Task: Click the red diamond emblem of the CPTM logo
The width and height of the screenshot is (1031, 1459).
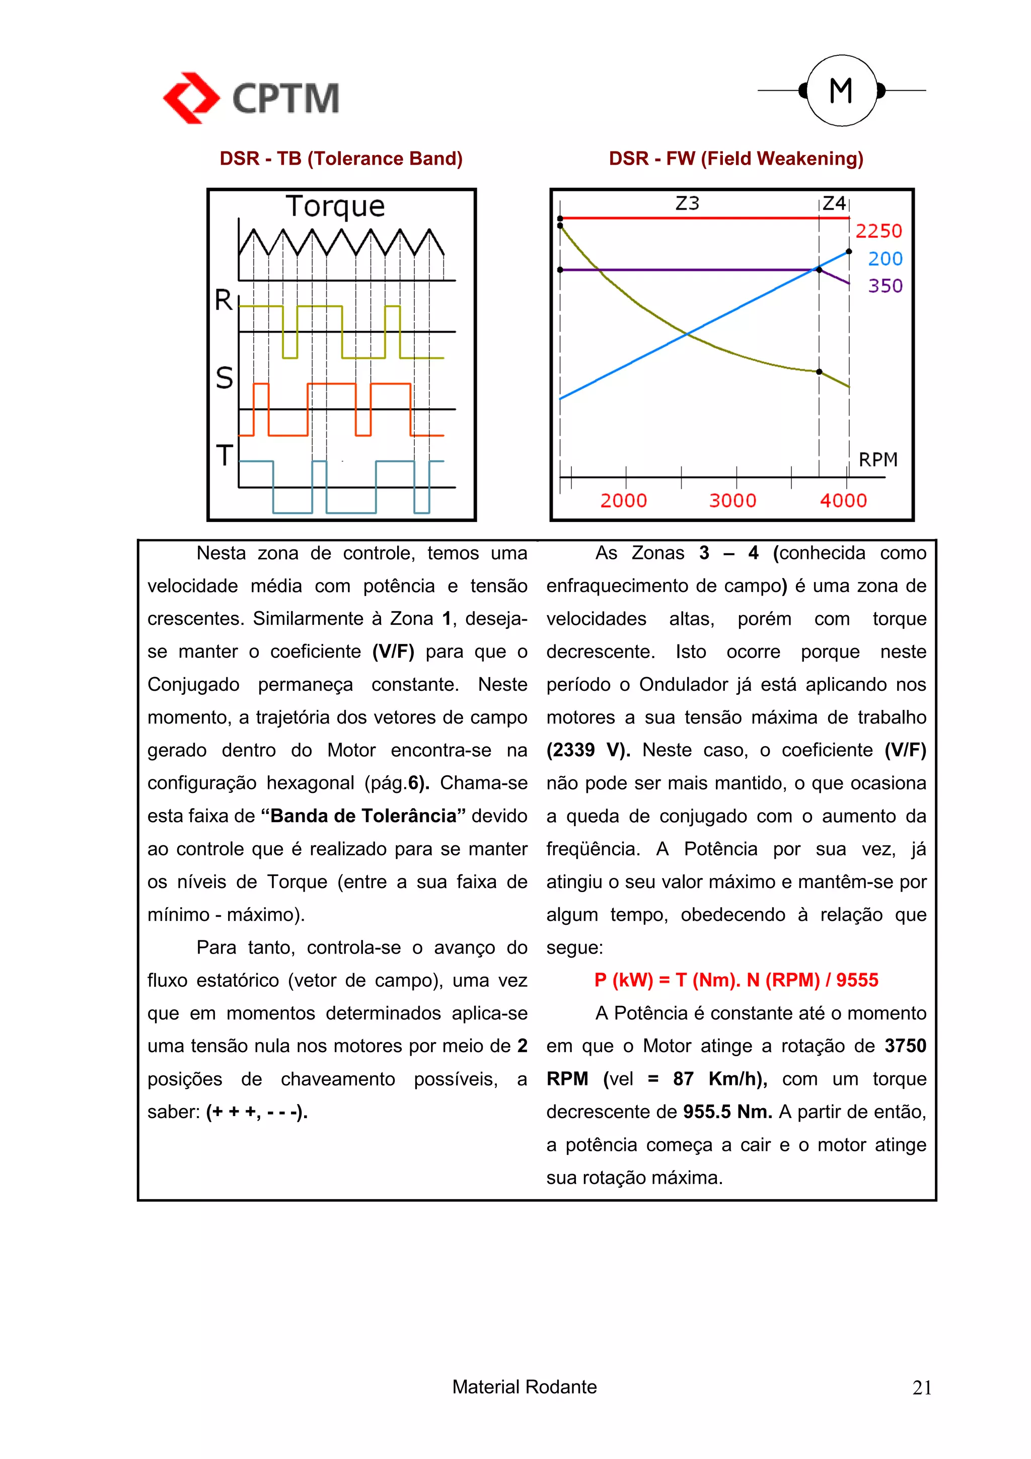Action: (x=191, y=98)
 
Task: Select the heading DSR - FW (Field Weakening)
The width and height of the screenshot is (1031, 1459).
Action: (x=735, y=158)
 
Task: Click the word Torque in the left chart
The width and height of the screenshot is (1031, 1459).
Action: (x=335, y=206)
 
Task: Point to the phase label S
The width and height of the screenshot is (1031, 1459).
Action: (x=224, y=378)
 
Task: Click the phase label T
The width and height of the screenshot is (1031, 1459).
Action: (x=224, y=456)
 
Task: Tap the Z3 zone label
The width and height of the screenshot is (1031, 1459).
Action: (x=687, y=203)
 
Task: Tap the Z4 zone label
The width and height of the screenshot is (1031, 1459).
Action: (x=834, y=203)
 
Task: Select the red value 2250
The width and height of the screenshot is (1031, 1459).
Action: (x=878, y=231)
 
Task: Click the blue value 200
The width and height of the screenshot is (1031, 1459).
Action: (x=885, y=259)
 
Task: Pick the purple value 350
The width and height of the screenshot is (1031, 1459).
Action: (x=885, y=286)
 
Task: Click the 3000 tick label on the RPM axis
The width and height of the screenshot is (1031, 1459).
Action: (x=732, y=501)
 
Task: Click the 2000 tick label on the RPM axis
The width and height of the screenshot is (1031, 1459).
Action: (x=623, y=501)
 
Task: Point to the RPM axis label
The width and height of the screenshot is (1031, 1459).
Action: (x=877, y=460)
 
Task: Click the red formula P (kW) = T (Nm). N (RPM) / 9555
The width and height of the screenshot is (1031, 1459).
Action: (x=735, y=980)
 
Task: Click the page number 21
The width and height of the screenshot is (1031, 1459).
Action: (x=921, y=1388)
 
